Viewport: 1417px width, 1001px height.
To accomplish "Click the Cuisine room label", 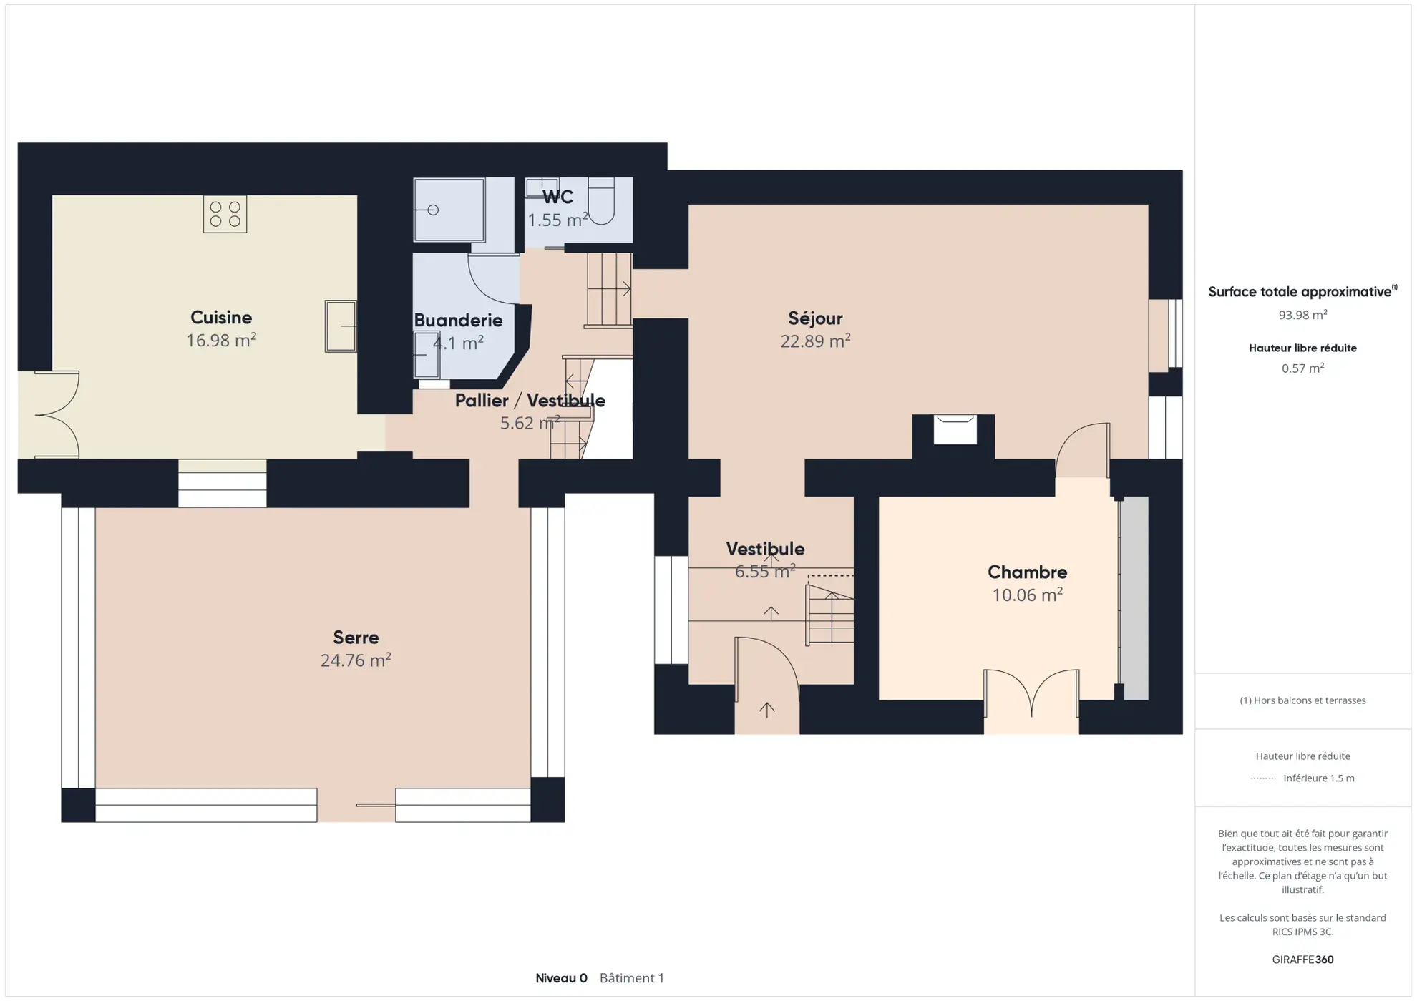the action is pyautogui.click(x=221, y=317).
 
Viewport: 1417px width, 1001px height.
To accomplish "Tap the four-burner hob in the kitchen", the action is pyautogui.click(x=225, y=214).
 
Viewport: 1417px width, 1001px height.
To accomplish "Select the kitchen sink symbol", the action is pyautogui.click(x=341, y=326).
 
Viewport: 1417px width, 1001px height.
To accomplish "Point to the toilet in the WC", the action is pyautogui.click(x=601, y=201).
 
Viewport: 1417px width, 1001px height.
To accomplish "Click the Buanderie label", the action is pyautogui.click(x=458, y=320).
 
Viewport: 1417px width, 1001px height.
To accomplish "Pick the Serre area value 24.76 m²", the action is pyautogui.click(x=356, y=660).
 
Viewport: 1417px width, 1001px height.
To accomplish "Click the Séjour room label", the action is pyautogui.click(x=815, y=318).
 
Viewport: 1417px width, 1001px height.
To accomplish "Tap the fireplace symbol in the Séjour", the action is pyautogui.click(x=955, y=429).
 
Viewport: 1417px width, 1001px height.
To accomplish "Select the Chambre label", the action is pyautogui.click(x=1027, y=572).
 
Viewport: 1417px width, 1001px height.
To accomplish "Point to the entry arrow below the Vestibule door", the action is pyautogui.click(x=766, y=709).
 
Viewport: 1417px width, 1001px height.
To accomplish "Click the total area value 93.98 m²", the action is pyautogui.click(x=1302, y=315).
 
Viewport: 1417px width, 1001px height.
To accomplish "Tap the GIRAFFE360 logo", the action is pyautogui.click(x=1302, y=960).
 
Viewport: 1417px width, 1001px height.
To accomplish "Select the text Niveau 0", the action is pyautogui.click(x=561, y=978).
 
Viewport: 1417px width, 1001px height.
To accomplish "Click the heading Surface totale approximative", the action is pyautogui.click(x=1300, y=292).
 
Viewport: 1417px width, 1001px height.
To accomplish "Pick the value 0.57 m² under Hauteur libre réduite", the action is pyautogui.click(x=1302, y=368).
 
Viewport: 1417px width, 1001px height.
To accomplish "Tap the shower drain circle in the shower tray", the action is pyautogui.click(x=432, y=210).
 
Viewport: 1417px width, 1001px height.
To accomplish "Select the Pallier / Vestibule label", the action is pyautogui.click(x=530, y=400).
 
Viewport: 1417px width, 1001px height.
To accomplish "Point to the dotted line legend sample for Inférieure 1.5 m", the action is pyautogui.click(x=1263, y=778).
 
